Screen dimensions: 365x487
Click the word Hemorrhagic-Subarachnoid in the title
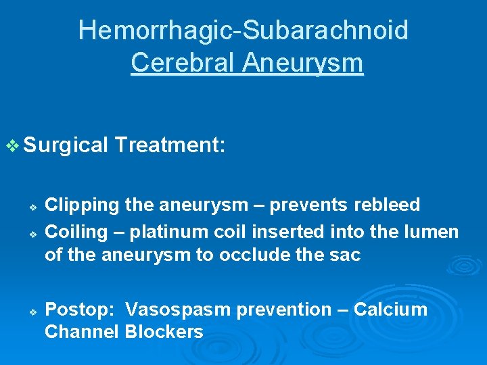243,30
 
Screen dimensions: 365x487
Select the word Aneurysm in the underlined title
303,63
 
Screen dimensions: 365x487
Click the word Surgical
66,145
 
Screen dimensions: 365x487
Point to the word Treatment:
170,145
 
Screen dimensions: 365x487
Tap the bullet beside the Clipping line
32,205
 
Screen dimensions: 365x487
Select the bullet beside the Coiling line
32,233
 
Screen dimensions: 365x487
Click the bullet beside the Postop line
32,310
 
